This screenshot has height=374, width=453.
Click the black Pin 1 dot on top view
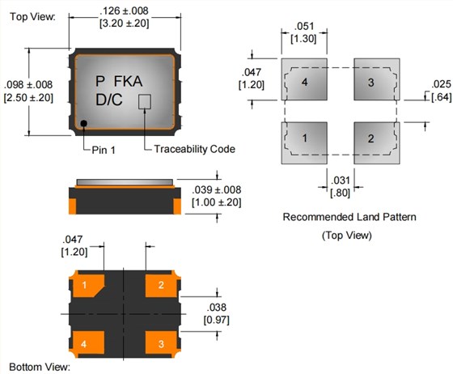pyautogui.click(x=84, y=123)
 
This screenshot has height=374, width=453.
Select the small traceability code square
pyautogui.click(x=145, y=101)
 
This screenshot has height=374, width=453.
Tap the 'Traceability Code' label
pyautogui.click(x=194, y=149)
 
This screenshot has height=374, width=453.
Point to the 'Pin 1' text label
pyautogui.click(x=104, y=150)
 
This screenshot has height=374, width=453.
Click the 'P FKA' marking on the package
pyautogui.click(x=119, y=81)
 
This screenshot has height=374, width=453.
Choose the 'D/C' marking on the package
pyautogui.click(x=109, y=100)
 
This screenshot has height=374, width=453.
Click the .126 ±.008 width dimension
pyautogui.click(x=124, y=11)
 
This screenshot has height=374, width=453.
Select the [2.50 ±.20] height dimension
pyautogui.click(x=28, y=98)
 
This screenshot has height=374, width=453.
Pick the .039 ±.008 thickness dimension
pyautogui.click(x=217, y=190)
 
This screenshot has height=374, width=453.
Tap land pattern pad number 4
pyautogui.click(x=304, y=79)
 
